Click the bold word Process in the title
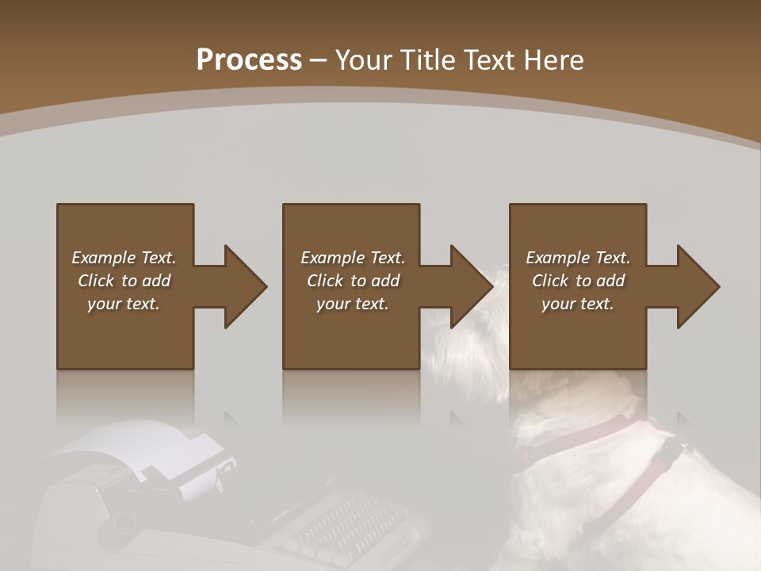[249, 60]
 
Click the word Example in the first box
[104, 258]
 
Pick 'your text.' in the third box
[577, 304]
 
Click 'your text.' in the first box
[123, 304]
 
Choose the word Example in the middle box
[333, 258]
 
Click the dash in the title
[319, 60]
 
